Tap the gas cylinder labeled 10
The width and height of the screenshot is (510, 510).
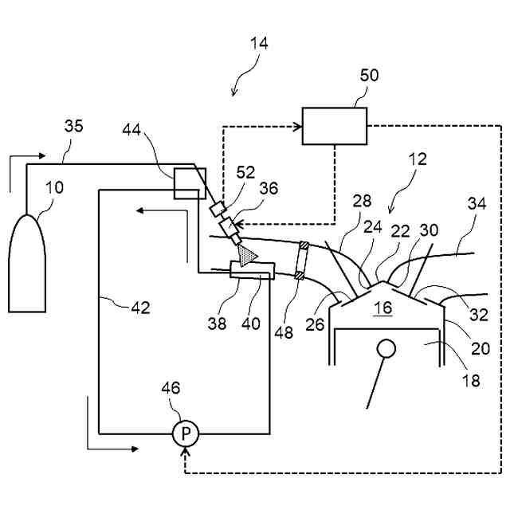pyautogui.click(x=27, y=264)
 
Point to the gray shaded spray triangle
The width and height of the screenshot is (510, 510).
pyautogui.click(x=246, y=255)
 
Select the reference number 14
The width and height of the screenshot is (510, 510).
pyautogui.click(x=259, y=43)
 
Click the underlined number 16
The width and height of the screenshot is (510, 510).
pyautogui.click(x=383, y=308)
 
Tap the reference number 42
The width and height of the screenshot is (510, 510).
pyautogui.click(x=140, y=308)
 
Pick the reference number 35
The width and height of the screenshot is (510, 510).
pyautogui.click(x=73, y=126)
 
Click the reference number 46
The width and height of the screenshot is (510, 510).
pyautogui.click(x=171, y=388)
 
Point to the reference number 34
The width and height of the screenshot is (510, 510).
pyautogui.click(x=477, y=204)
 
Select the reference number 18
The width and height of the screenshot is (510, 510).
pyautogui.click(x=471, y=380)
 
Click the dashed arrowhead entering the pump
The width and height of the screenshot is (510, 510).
pyautogui.click(x=186, y=451)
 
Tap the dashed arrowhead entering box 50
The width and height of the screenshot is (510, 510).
pyautogui.click(x=298, y=127)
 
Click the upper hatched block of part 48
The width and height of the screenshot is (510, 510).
pyautogui.click(x=304, y=245)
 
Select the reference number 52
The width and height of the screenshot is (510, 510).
pyautogui.click(x=245, y=172)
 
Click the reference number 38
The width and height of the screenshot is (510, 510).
pyautogui.click(x=217, y=324)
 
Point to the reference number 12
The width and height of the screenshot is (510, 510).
pyautogui.click(x=418, y=159)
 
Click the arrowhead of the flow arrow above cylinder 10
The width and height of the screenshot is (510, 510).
pyautogui.click(x=41, y=156)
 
